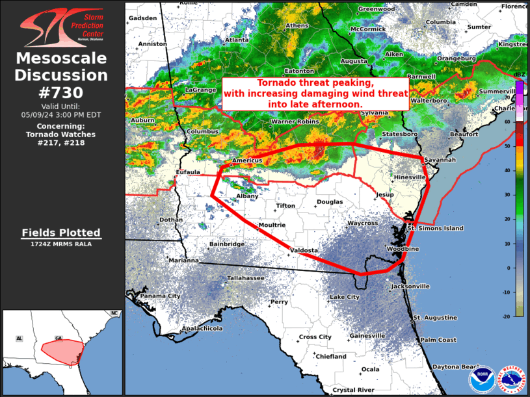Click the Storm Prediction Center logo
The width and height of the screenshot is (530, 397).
[62, 27]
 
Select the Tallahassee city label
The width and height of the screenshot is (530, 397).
[245, 278]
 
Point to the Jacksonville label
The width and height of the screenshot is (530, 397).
[410, 286]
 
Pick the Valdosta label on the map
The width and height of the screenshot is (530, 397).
[304, 250]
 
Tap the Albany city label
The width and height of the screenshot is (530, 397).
[247, 196]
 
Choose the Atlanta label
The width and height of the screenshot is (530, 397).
[237, 40]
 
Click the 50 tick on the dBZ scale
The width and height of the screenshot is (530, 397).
[515, 146]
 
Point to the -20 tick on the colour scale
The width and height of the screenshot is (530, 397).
[515, 316]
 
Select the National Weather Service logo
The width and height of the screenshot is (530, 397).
[511, 379]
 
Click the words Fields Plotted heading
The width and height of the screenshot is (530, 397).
[61, 232]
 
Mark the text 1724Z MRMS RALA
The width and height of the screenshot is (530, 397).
[61, 244]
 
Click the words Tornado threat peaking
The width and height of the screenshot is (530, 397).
[315, 83]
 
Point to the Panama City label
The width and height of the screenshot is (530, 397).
[160, 296]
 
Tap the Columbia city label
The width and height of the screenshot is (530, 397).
[441, 22]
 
